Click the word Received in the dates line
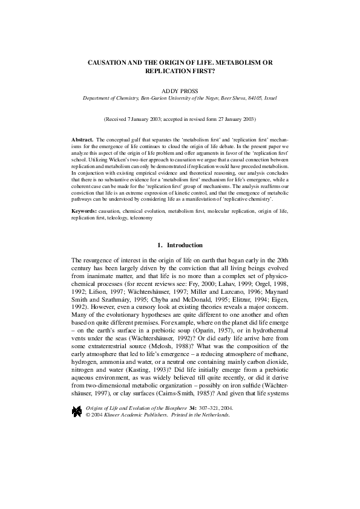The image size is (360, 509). pyautogui.click(x=119, y=120)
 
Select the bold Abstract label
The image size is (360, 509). pyautogui.click(x=82, y=139)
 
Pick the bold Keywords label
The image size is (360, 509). pyautogui.click(x=86, y=212)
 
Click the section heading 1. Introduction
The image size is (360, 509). pyautogui.click(x=180, y=245)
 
